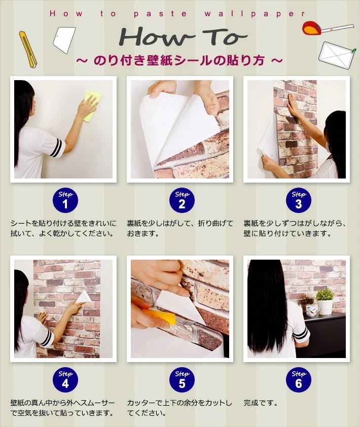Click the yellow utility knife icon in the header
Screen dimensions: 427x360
tap(27, 49)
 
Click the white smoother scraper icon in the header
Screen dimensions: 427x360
tap(64, 40)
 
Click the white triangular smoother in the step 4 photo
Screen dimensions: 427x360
tap(83, 296)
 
